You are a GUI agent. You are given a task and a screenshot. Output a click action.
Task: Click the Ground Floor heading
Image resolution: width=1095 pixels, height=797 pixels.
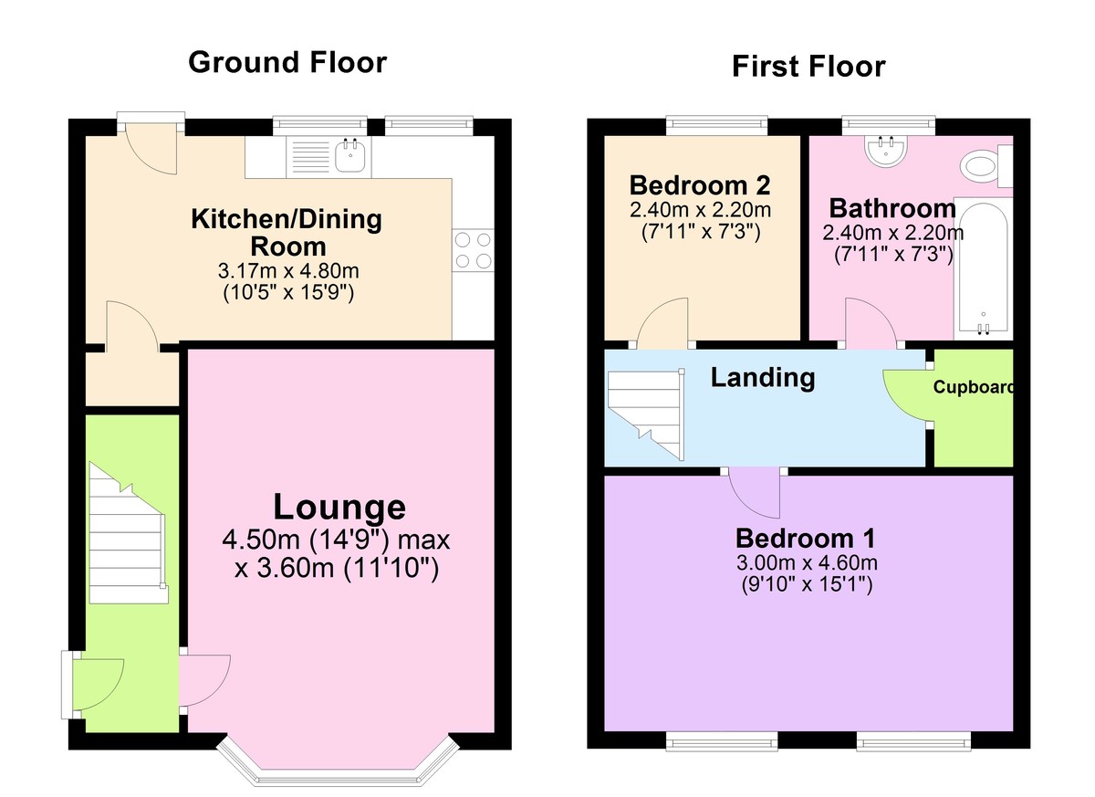(287, 63)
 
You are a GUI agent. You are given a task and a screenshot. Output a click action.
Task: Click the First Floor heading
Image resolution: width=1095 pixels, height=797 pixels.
(808, 67)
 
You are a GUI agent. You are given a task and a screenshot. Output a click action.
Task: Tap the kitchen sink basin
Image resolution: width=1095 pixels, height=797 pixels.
(350, 155)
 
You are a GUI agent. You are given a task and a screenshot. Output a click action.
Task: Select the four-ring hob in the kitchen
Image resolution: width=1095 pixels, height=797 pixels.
(474, 250)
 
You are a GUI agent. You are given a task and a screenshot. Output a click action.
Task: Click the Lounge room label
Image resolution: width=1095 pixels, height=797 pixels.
(339, 507)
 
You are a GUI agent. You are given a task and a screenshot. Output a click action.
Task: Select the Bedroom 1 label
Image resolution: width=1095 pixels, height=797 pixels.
(806, 539)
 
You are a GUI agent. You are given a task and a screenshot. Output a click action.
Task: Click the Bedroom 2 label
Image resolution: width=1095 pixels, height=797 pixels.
(700, 185)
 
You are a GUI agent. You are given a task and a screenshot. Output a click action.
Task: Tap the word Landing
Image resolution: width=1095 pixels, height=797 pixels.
(763, 378)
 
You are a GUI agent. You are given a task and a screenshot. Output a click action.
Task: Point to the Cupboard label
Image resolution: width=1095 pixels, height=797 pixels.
(973, 387)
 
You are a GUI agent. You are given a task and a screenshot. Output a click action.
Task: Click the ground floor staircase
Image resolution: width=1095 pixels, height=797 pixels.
(128, 533)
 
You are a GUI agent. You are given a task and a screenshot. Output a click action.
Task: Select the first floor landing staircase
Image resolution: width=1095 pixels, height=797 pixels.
(646, 415)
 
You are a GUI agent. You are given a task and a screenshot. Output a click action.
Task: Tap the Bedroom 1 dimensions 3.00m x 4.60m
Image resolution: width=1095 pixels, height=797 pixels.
(807, 562)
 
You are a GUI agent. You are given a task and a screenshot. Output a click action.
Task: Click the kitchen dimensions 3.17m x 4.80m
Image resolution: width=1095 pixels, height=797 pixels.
(288, 270)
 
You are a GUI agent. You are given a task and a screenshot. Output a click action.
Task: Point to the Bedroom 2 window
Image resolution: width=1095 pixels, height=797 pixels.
(716, 125)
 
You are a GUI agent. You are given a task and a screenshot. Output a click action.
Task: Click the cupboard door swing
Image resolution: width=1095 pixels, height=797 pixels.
(906, 395)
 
